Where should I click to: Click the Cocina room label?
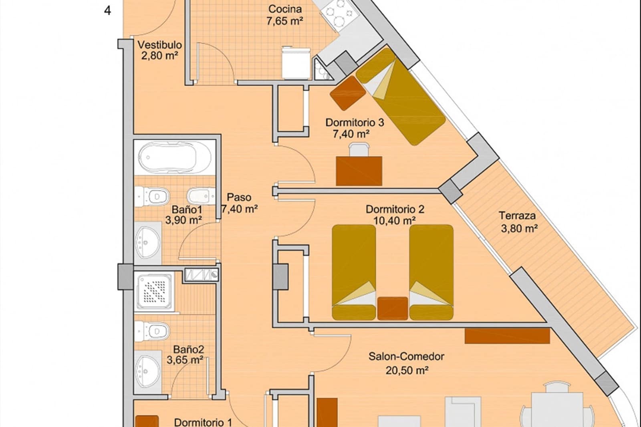pos(285,9)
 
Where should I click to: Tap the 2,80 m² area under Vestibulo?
pos(159,56)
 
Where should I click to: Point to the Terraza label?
pos(517,216)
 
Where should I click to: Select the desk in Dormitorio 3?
pos(359,171)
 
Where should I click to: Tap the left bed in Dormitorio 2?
pos(354,272)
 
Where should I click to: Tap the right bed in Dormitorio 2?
pos(431,272)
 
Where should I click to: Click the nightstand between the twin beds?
pos(393,308)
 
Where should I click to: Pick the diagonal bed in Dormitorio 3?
pos(401,96)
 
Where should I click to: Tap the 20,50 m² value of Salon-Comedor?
pos(407,371)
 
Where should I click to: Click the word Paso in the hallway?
pos(239,197)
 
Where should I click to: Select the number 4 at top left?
pos(107,11)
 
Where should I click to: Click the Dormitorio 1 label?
pos(203,422)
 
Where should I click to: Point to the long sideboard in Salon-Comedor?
pos(507,336)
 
